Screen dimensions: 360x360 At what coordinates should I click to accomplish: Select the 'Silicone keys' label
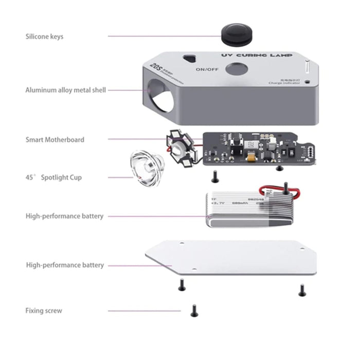(45, 37)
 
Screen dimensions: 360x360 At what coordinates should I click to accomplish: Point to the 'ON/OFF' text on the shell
(206, 69)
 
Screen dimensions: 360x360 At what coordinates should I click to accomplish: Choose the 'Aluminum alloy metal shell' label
(66, 90)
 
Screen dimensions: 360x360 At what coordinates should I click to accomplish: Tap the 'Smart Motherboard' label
(55, 139)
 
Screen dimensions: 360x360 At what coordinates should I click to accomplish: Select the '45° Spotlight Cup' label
(53, 177)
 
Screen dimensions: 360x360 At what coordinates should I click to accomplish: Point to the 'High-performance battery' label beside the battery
(64, 216)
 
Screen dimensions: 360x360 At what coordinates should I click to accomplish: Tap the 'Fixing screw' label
(44, 311)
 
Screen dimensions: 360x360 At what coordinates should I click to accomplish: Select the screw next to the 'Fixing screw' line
(194, 310)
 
